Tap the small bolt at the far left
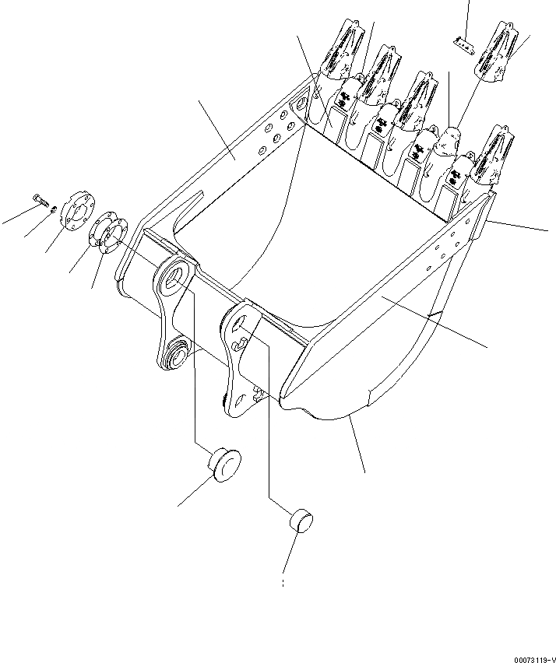coord(40,202)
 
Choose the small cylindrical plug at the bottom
coord(301,518)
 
